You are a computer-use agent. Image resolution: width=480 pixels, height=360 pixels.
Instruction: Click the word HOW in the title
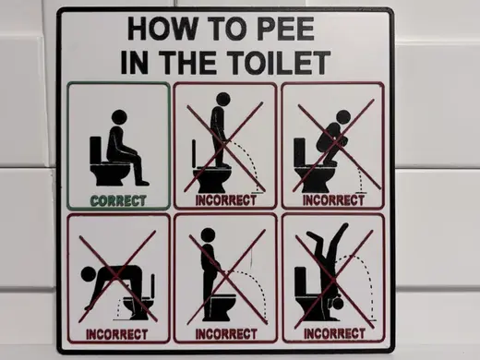[162, 29]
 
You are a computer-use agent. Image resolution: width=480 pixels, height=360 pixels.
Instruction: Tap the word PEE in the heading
[285, 29]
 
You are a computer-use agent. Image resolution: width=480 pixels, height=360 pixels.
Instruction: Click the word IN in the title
[134, 63]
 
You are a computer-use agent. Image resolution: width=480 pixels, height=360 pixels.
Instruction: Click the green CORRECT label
[118, 201]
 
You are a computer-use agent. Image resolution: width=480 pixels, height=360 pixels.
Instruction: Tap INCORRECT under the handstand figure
[334, 333]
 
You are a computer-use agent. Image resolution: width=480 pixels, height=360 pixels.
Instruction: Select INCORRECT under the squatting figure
[333, 200]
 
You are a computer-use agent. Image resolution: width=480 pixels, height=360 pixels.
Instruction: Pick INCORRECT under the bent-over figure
[116, 334]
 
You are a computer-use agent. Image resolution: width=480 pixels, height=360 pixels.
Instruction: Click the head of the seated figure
[119, 117]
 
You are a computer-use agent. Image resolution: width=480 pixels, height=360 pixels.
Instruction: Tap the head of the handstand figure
[338, 304]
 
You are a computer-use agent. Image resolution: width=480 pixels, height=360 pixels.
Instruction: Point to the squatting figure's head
[342, 117]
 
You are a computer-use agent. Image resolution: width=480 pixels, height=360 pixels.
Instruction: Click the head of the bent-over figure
[89, 274]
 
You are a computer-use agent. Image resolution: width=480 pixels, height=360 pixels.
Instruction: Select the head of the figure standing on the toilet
[223, 100]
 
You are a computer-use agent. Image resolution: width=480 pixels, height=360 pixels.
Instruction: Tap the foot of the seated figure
[142, 183]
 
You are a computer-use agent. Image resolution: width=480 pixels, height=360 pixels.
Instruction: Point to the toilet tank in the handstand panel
[300, 282]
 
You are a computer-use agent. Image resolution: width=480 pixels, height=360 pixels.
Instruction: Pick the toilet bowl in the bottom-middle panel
[221, 306]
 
